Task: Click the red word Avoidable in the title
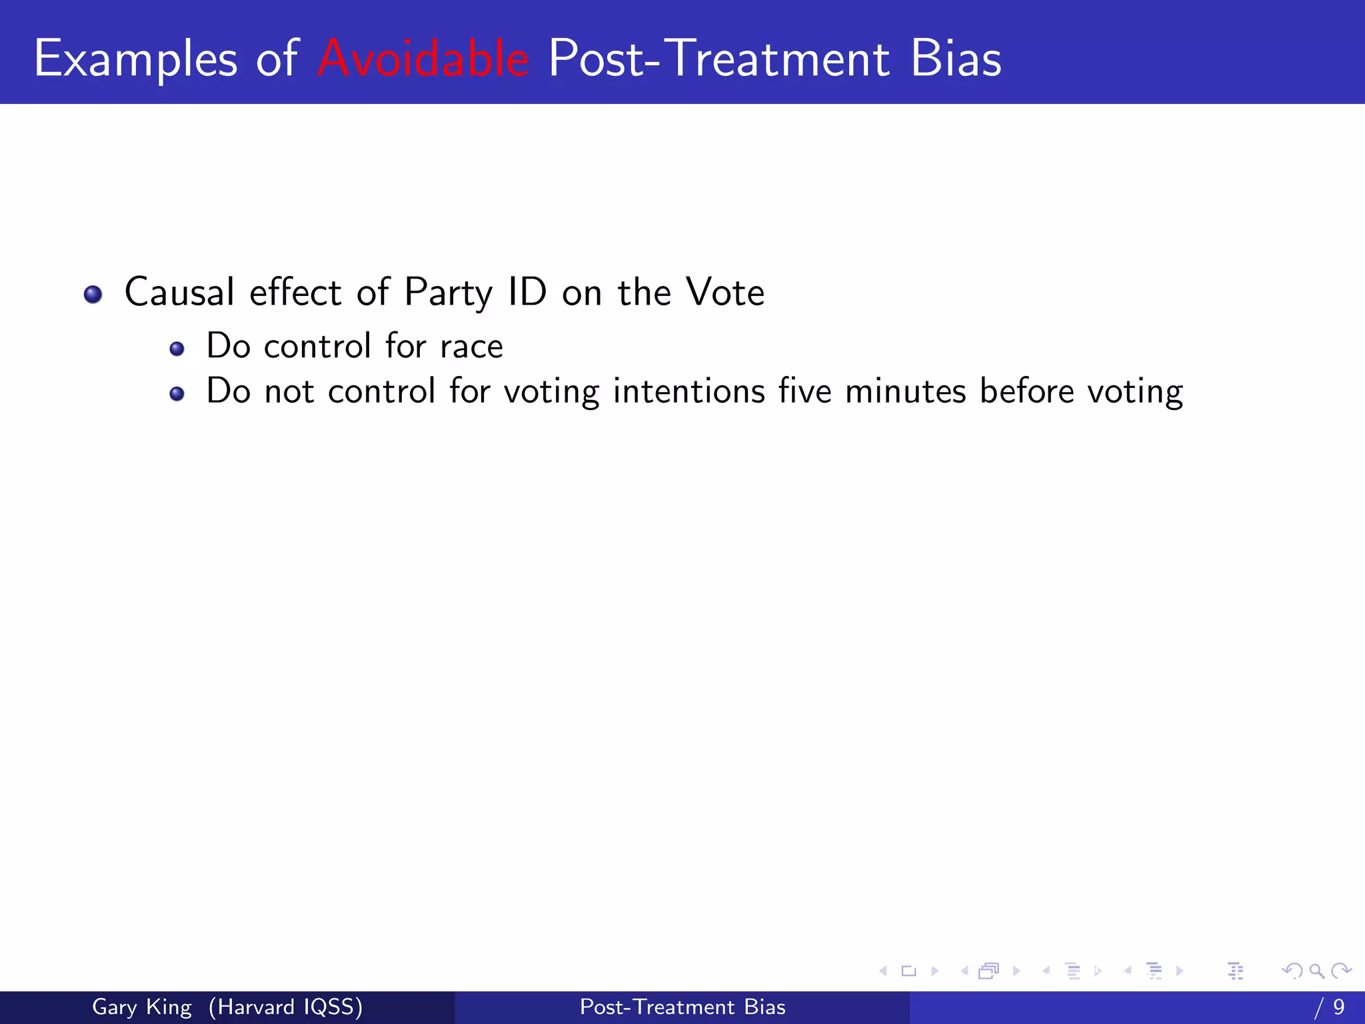click(423, 59)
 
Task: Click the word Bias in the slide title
click(955, 59)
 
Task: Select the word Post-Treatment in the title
click(718, 59)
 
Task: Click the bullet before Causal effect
click(93, 294)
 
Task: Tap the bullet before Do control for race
click(177, 349)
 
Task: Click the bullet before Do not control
click(177, 394)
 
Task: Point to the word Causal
click(179, 292)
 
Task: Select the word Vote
click(725, 292)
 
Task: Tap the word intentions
click(688, 391)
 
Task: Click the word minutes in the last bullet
click(905, 391)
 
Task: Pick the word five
click(804, 391)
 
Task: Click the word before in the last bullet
click(1026, 391)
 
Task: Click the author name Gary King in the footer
click(141, 1007)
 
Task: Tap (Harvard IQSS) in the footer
click(285, 1007)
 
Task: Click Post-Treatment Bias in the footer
click(682, 1007)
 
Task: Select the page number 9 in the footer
click(1338, 1007)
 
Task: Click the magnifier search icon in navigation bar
click(1316, 971)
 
